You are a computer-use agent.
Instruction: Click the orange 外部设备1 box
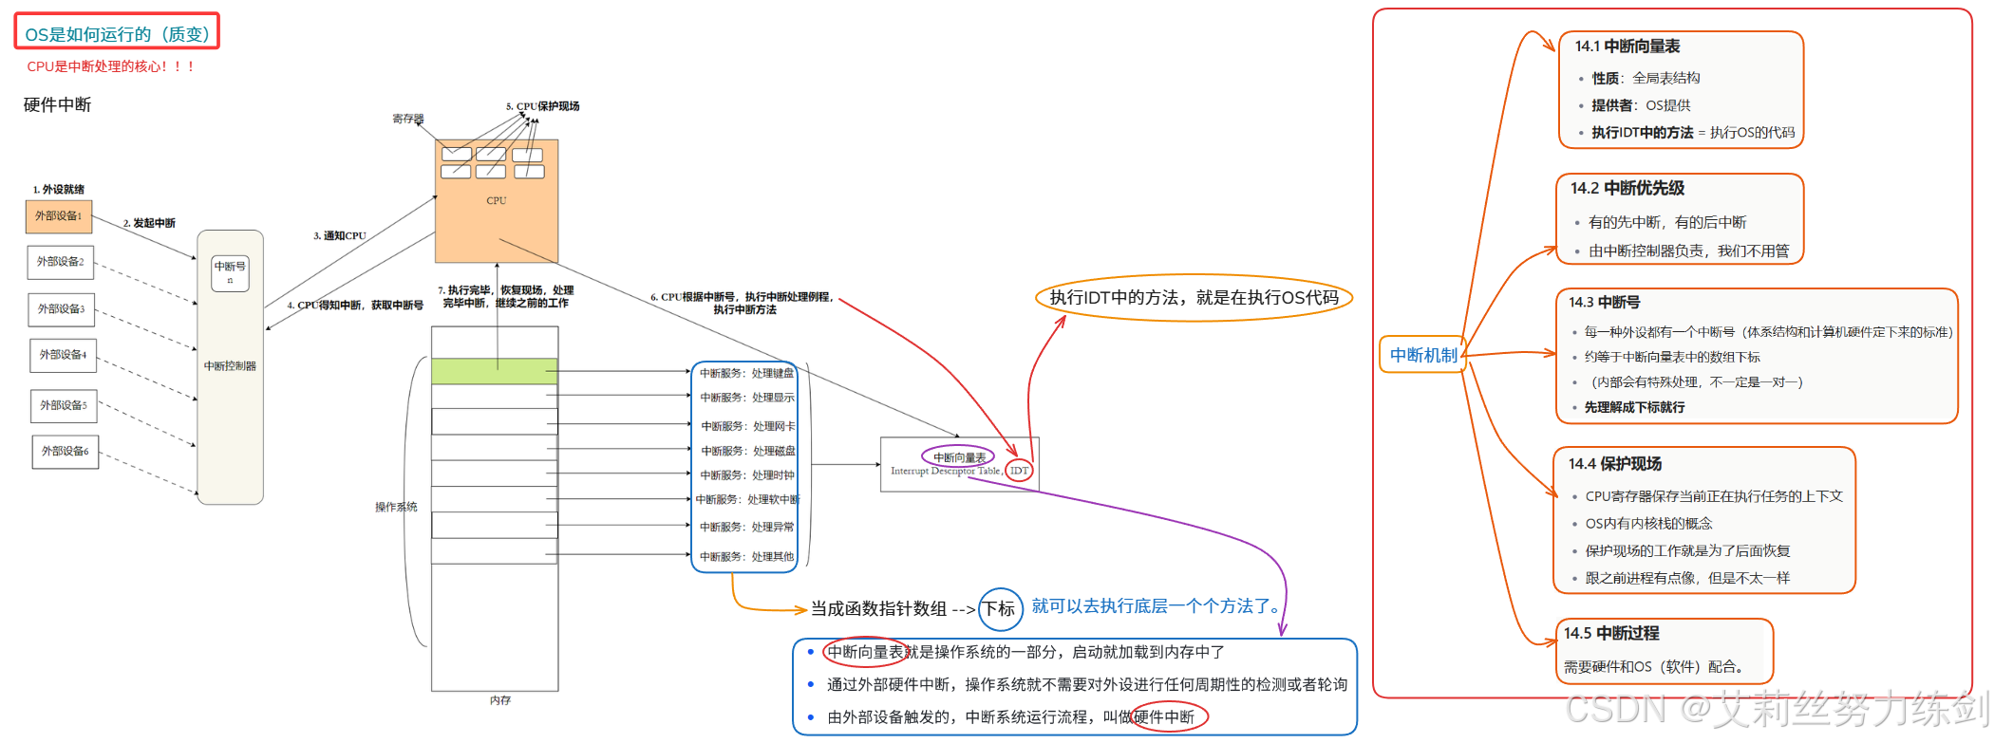(59, 216)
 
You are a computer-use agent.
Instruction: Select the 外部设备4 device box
(63, 355)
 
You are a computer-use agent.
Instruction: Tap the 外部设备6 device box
(65, 451)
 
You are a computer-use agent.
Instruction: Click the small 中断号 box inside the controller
(230, 271)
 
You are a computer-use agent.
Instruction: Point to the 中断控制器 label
(230, 365)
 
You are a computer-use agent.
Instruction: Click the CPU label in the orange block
(496, 201)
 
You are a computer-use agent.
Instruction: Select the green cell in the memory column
(494, 371)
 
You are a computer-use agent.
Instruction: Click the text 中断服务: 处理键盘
(746, 373)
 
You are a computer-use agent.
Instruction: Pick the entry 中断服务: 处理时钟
(747, 475)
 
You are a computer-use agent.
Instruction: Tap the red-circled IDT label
(1019, 471)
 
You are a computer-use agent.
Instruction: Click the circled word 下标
(1000, 609)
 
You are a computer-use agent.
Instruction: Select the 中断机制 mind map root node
(1422, 355)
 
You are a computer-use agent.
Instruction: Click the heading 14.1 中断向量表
(1627, 46)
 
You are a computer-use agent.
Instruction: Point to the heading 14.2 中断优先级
(1627, 188)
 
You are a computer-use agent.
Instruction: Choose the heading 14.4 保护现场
(1614, 464)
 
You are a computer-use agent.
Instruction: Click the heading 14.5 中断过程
(1611, 633)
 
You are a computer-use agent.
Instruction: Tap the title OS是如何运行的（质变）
(117, 34)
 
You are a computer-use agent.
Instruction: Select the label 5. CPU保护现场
(542, 106)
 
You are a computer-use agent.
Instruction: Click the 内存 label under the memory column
(500, 700)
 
